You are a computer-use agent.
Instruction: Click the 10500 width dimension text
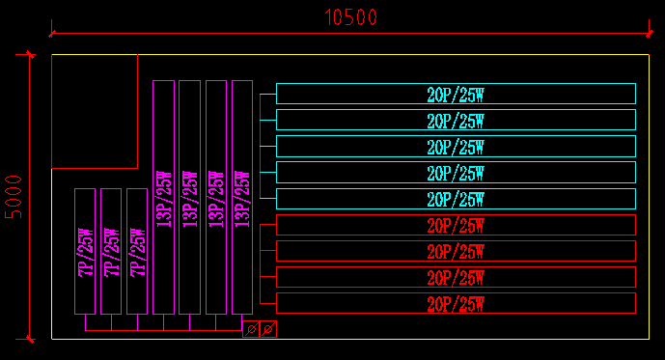[x=351, y=17]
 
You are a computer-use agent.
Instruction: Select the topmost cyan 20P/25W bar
[x=456, y=94]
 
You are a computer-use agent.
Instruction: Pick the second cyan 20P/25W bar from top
[x=456, y=120]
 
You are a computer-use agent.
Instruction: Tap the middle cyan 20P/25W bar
[x=456, y=146]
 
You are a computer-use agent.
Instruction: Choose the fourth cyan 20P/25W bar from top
[x=456, y=173]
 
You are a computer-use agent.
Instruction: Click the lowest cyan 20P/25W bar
[x=456, y=199]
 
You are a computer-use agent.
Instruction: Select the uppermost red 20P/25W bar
[x=456, y=225]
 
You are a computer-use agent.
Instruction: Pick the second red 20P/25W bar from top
[x=456, y=251]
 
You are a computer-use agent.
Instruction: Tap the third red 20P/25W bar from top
[x=456, y=277]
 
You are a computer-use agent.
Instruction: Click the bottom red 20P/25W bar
[x=456, y=303]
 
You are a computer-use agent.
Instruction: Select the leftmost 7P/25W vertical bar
[x=85, y=251]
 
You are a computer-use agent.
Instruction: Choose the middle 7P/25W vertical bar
[x=111, y=251]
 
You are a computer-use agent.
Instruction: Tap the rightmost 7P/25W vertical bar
[x=137, y=251]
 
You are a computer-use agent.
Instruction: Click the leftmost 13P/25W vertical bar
[x=163, y=197]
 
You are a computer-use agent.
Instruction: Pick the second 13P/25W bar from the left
[x=189, y=197]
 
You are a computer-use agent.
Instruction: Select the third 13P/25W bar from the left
[x=216, y=197]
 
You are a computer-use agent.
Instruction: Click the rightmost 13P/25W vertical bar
[x=241, y=197]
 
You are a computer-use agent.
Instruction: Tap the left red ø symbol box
[x=251, y=329]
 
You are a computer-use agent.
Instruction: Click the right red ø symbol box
[x=268, y=329]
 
